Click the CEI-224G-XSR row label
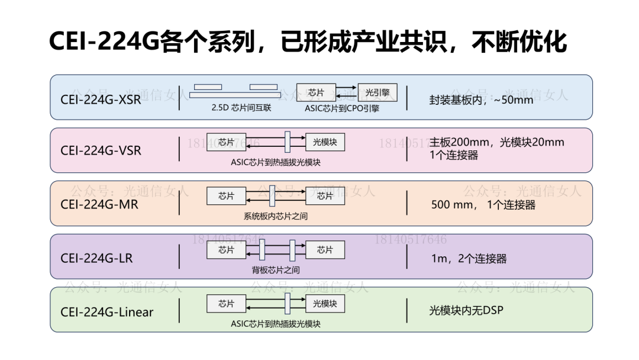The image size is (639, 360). coord(101,99)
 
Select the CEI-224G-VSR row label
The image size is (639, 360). coord(101,150)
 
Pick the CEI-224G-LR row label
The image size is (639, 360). coord(96,258)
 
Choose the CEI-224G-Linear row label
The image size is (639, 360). coord(106,312)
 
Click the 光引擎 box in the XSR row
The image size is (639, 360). coord(377,92)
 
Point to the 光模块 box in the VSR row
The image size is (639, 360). coord(325,142)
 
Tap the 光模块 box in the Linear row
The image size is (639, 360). coord(325,304)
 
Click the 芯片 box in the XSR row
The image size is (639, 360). coord(316,92)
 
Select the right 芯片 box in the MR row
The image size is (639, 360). coord(325,196)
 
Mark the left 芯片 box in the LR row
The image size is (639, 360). coord(226,250)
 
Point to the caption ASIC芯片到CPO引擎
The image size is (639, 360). coord(342,108)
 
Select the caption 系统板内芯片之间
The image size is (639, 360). coord(276,216)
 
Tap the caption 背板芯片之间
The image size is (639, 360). coord(276,270)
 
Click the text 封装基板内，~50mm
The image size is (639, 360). coord(481,99)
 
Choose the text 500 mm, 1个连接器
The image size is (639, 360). coord(483,205)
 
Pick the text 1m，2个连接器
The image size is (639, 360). coord(469,259)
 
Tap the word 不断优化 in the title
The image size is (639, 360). coord(519,43)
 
